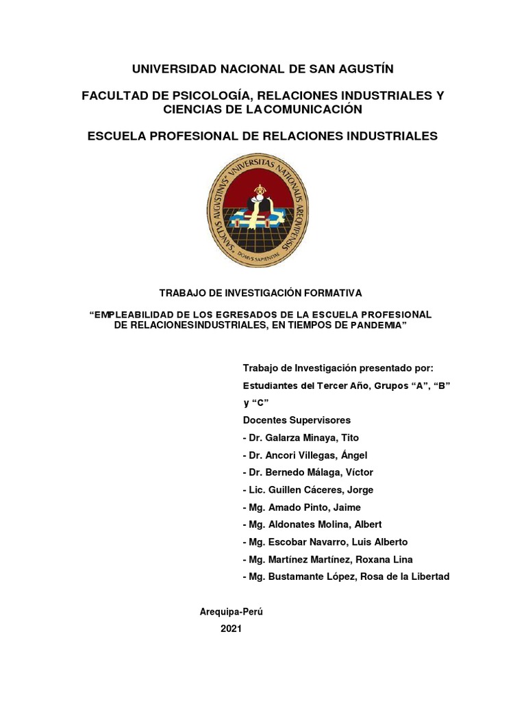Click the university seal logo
258,209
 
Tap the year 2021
231,630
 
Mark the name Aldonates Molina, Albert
319,524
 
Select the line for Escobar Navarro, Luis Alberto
330,541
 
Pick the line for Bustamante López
346,576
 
